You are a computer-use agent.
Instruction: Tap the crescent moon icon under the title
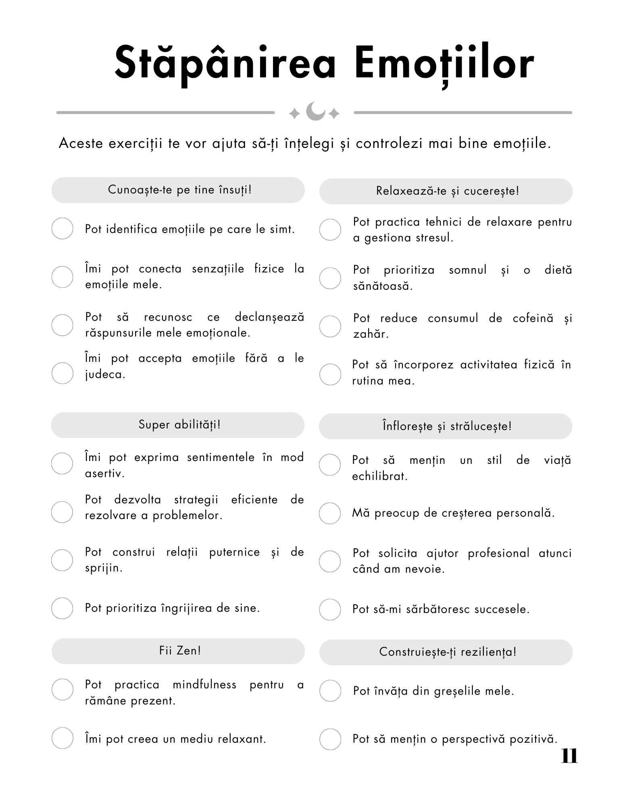[x=315, y=112]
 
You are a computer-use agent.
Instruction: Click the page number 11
[x=569, y=756]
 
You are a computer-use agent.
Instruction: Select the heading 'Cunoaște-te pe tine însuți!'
[x=179, y=190]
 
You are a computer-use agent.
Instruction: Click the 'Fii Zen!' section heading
[x=180, y=651]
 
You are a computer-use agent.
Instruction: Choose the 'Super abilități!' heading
[x=179, y=425]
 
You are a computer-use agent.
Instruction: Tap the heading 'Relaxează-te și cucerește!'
[x=447, y=191]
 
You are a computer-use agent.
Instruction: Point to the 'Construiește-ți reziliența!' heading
[x=447, y=652]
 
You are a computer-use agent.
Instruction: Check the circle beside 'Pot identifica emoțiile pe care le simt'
[x=63, y=229]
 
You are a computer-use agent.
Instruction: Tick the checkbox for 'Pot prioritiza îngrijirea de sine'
[x=62, y=608]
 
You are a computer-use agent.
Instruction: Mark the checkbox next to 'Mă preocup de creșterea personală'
[x=330, y=513]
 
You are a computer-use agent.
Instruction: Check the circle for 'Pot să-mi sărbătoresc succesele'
[x=330, y=609]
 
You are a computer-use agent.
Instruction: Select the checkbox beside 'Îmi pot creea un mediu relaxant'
[x=63, y=738]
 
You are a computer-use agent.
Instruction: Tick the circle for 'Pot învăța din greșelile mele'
[x=330, y=691]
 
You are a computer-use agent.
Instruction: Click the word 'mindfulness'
[x=204, y=685]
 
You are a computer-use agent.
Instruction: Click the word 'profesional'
[x=498, y=553]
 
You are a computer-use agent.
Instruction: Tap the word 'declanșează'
[x=269, y=317]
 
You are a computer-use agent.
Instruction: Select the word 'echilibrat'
[x=380, y=476]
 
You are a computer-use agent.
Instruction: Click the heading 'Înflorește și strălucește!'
[x=447, y=426]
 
